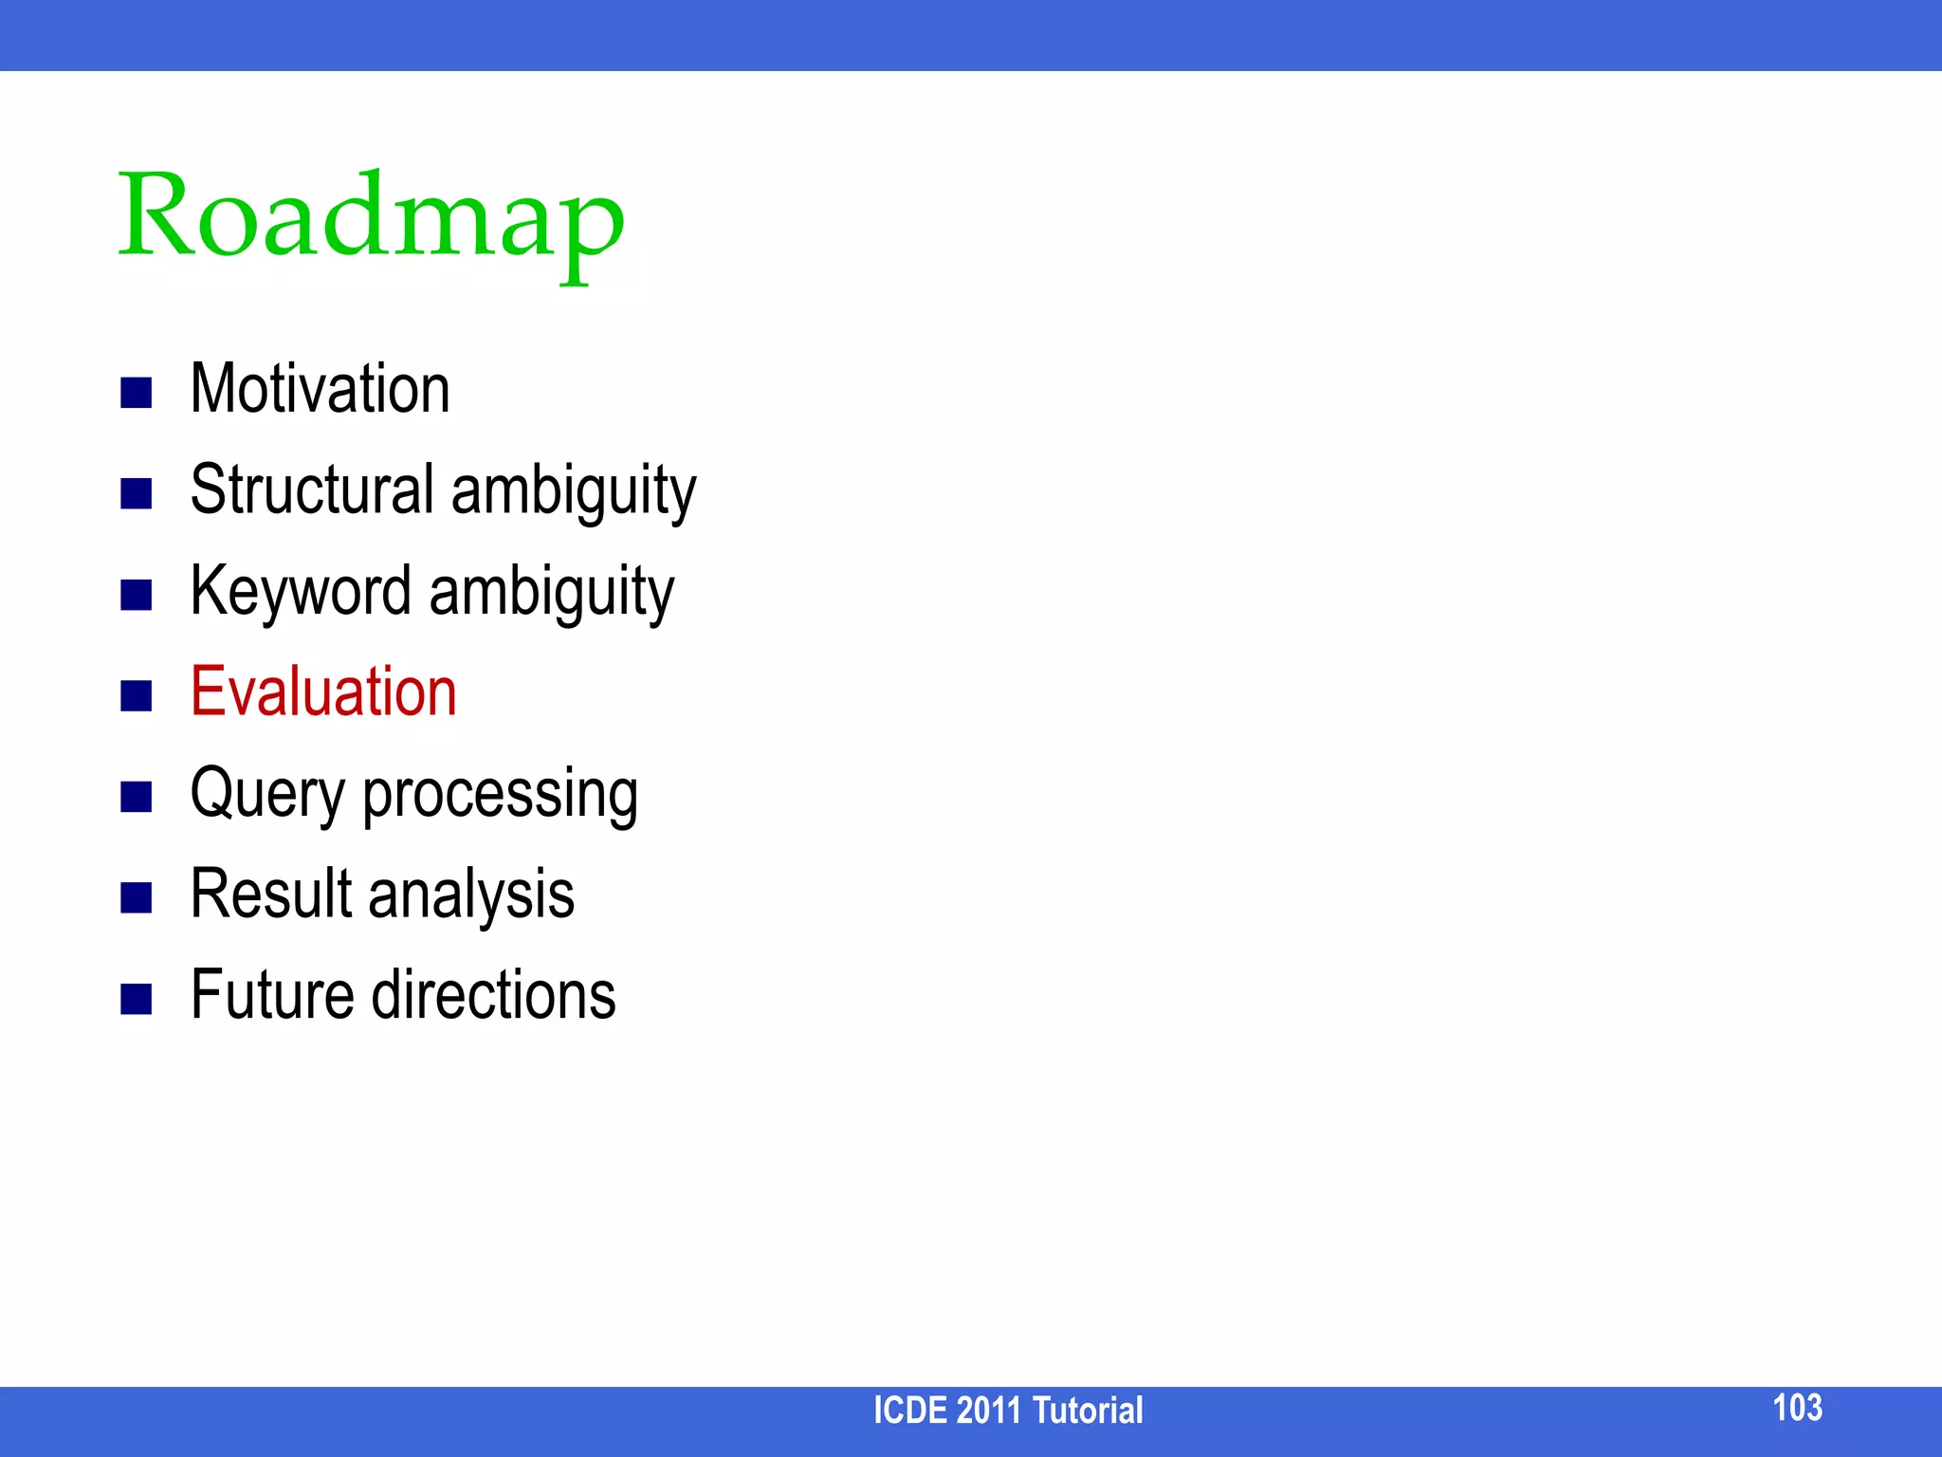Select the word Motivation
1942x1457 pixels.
click(x=320, y=390)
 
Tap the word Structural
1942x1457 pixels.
click(x=312, y=490)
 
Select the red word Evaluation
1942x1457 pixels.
click(x=323, y=692)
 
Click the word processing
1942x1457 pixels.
click(x=500, y=795)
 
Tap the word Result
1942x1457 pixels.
click(x=271, y=894)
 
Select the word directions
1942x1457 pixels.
click(x=493, y=995)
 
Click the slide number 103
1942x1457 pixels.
click(x=1797, y=1408)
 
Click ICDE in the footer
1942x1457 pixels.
click(x=909, y=1411)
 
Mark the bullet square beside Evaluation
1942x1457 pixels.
click(x=137, y=695)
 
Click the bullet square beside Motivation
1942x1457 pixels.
click(x=137, y=393)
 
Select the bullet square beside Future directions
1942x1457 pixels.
click(x=137, y=998)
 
